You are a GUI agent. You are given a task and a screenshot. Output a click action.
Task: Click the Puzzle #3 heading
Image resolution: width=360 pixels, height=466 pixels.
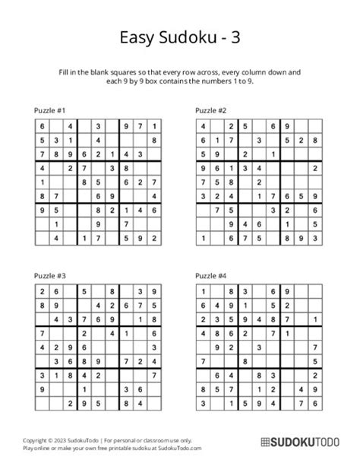point(50,275)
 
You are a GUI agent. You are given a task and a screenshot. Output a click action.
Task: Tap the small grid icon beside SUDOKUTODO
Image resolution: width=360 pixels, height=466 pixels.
point(267,442)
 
